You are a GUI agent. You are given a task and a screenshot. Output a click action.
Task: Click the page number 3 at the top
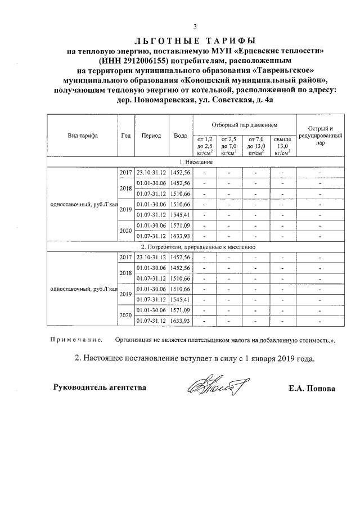coord(195,26)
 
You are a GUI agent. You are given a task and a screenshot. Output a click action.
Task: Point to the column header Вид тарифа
coord(83,136)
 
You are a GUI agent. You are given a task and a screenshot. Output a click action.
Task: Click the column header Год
coord(126,136)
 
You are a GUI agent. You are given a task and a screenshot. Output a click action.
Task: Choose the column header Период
coord(151,136)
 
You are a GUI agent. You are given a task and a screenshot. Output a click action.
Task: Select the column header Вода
coord(181,136)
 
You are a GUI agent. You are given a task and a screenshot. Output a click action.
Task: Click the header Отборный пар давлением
coord(245,124)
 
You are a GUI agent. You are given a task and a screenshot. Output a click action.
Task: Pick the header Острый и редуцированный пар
coord(320,136)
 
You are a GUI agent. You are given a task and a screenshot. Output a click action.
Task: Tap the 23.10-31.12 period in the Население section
coord(152,172)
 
